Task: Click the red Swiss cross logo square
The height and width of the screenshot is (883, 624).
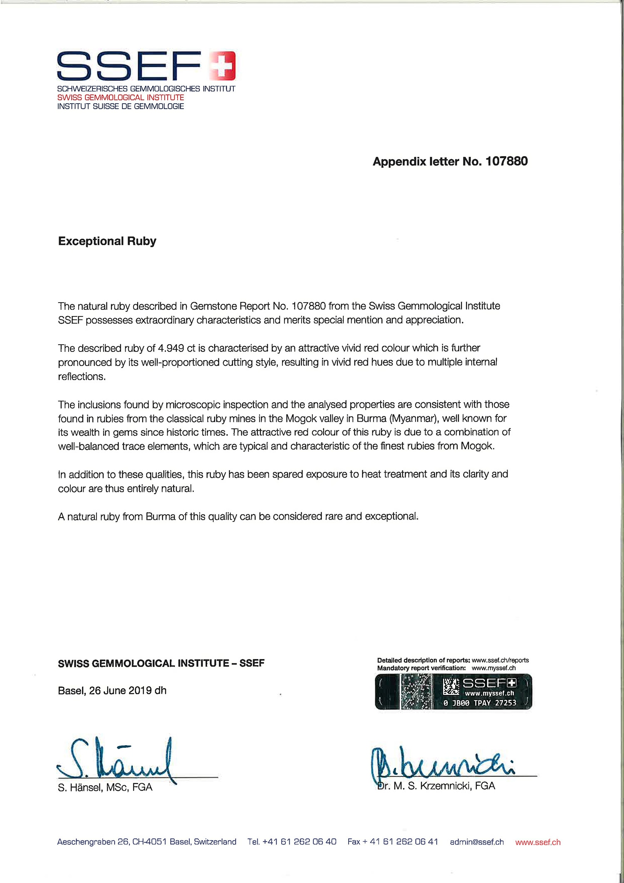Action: click(223, 65)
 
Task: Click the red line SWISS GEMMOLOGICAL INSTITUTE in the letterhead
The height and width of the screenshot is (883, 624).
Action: click(121, 97)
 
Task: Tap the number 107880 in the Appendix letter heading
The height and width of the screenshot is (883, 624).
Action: click(506, 162)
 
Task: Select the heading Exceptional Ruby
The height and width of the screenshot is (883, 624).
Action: click(107, 241)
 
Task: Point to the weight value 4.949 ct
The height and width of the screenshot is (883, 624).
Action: click(176, 348)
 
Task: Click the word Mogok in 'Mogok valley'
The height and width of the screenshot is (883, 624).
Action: click(300, 418)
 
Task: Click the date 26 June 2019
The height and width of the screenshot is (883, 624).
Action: click(120, 691)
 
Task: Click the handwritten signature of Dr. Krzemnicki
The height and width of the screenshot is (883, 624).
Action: click(441, 764)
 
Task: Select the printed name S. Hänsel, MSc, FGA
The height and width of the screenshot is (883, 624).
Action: click(105, 787)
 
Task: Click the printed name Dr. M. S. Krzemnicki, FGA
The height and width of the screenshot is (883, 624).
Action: click(437, 786)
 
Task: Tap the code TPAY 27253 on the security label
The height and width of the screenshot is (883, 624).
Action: click(495, 703)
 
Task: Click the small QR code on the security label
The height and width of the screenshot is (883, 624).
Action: click(451, 687)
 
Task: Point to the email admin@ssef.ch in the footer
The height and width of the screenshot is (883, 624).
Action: click(477, 842)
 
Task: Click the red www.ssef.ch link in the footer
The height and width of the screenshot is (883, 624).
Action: click(538, 842)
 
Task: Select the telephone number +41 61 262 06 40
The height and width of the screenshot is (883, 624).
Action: click(300, 842)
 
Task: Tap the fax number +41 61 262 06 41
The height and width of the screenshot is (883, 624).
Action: click(404, 842)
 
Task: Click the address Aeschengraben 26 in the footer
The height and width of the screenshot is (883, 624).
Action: click(92, 842)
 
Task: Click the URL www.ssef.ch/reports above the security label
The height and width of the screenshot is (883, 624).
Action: click(500, 660)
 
